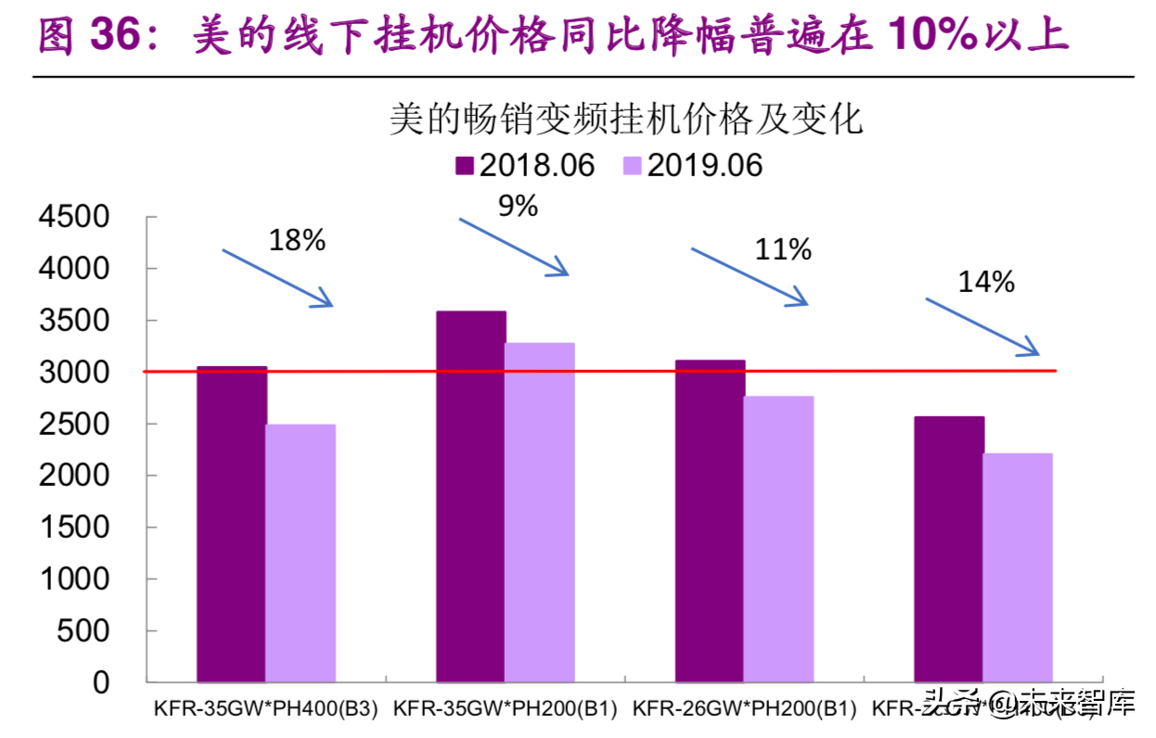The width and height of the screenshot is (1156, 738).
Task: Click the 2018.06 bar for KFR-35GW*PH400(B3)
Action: tap(232, 524)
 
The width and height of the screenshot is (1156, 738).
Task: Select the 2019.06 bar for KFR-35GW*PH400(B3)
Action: tap(301, 553)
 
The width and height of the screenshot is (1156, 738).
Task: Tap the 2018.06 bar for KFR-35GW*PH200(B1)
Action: tap(471, 496)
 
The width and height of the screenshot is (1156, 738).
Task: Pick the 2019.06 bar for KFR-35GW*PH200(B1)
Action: tap(540, 513)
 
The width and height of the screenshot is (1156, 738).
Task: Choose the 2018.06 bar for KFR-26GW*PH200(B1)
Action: tap(710, 521)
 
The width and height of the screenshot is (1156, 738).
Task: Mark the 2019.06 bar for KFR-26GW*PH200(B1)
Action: tap(778, 540)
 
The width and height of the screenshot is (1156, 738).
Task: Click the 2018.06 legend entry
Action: tap(524, 165)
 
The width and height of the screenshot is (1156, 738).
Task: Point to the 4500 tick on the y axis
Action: tap(73, 217)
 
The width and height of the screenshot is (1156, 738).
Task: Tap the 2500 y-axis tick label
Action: tap(73, 424)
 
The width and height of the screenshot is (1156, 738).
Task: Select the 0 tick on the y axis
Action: tap(100, 682)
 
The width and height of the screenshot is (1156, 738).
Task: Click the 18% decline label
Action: tap(297, 241)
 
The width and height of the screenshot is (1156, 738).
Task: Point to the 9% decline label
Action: tap(518, 206)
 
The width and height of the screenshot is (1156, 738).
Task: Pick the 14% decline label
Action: tap(986, 282)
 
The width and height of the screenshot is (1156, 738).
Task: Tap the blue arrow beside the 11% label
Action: tap(750, 275)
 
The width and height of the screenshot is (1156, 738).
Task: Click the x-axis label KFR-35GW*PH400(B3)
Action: tap(266, 709)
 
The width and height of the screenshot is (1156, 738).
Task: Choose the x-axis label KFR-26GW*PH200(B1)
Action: tap(744, 709)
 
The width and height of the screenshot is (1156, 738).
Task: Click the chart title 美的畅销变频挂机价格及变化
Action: tap(626, 121)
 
